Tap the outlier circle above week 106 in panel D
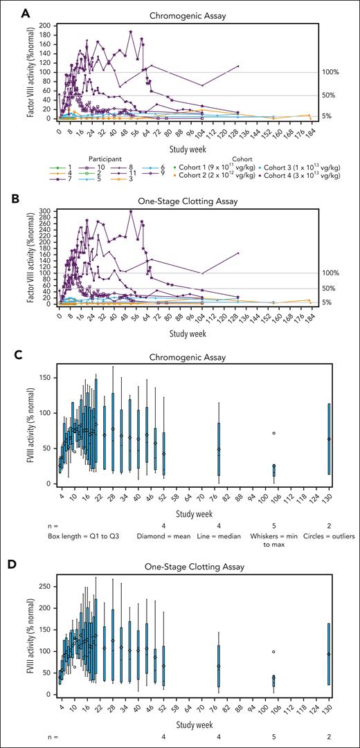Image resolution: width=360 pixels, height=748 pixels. pos(273,652)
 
